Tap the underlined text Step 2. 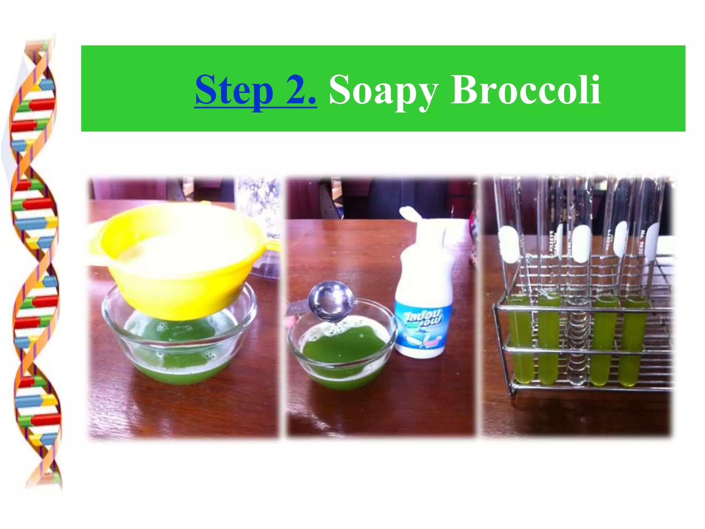point(255,90)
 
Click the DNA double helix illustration point(34,262)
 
